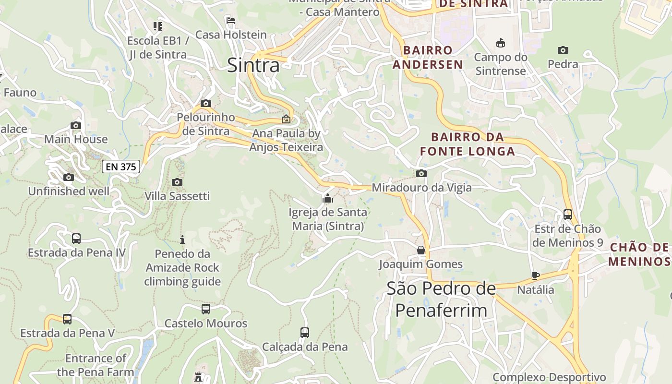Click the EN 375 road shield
[121, 167]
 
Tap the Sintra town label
[253, 65]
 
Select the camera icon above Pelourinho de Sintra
[206, 104]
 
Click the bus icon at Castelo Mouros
[206, 309]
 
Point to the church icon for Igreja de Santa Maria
[328, 198]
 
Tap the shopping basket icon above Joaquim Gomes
[421, 250]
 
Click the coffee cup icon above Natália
[536, 276]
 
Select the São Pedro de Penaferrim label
[441, 300]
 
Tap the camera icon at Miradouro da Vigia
[421, 174]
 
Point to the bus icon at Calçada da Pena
[305, 332]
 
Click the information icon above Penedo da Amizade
[182, 240]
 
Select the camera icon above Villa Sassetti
[177, 182]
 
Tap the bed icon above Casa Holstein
[231, 21]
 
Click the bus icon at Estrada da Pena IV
[76, 238]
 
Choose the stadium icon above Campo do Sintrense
[501, 43]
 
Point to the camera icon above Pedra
[563, 50]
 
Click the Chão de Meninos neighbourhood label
[639, 254]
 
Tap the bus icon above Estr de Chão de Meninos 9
[568, 214]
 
